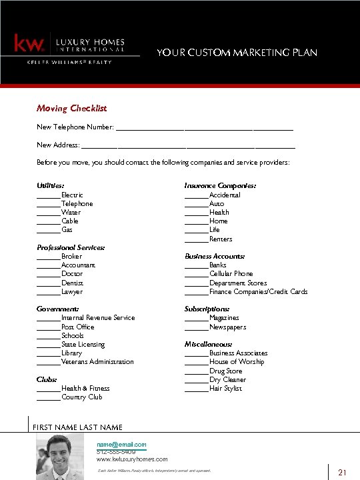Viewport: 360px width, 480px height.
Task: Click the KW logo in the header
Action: click(29, 44)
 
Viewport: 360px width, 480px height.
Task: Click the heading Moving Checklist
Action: click(71, 108)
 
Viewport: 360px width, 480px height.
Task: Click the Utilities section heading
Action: click(51, 186)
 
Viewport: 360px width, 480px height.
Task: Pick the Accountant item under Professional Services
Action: click(78, 265)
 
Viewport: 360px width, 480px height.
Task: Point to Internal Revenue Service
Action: click(97, 318)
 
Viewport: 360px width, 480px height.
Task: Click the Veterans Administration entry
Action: click(97, 362)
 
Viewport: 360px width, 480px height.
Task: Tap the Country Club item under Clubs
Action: click(81, 397)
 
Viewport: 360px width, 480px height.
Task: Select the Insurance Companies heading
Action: click(220, 186)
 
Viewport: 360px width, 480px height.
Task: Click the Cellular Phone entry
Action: click(231, 274)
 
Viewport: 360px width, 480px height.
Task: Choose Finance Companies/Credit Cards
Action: click(258, 292)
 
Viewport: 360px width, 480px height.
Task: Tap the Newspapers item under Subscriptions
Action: click(227, 327)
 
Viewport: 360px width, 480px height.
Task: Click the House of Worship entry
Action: click(236, 362)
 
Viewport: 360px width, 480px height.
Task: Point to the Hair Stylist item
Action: click(225, 389)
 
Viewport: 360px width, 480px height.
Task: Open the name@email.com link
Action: click(121, 445)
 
